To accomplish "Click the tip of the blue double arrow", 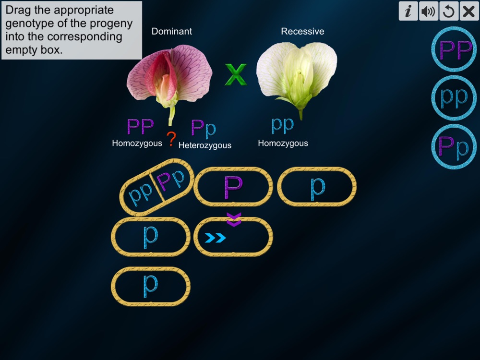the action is (x=226, y=238).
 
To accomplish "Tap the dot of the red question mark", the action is (x=171, y=145).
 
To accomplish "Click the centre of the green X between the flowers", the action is (x=236, y=74).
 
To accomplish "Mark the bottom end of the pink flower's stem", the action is (x=170, y=125).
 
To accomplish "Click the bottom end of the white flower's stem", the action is (x=300, y=120).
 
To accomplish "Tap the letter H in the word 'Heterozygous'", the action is (x=181, y=145).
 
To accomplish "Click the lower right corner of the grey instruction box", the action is (x=142, y=59).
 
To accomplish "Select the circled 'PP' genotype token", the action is (x=454, y=49).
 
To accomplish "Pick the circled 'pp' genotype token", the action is (x=454, y=97).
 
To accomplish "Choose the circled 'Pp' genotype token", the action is (x=454, y=146).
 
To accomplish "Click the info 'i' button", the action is (x=408, y=11).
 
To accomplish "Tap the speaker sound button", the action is (x=428, y=11).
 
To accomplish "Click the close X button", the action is (x=468, y=11).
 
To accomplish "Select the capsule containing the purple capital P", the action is (x=233, y=186).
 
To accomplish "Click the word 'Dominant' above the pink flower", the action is (x=172, y=31).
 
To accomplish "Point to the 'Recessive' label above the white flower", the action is (x=302, y=31).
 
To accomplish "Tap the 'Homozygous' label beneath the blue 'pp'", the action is (x=283, y=143).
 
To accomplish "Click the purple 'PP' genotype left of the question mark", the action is (x=140, y=126).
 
